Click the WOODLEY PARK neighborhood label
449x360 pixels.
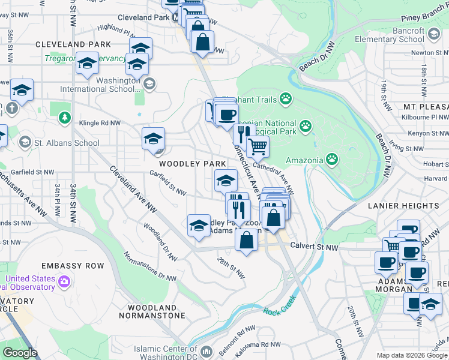tap(192, 164)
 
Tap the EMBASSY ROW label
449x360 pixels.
tap(72, 266)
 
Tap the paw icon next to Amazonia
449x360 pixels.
tap(332, 159)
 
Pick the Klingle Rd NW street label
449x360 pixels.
tap(100, 123)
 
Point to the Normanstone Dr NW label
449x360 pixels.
tap(150, 264)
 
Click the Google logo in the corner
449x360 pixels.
tap(20, 353)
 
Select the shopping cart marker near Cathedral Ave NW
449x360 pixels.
tap(258, 146)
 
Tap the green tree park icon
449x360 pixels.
tap(64, 118)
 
